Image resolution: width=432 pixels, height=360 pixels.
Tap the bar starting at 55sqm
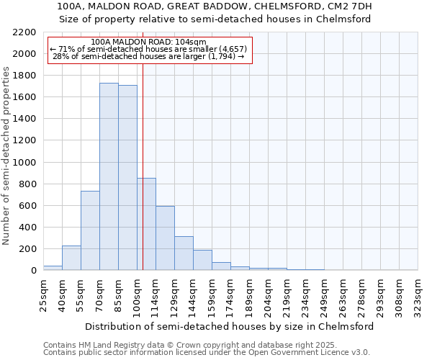pyautogui.click(x=90, y=230)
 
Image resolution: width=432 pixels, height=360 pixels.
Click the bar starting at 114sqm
pyautogui.click(x=165, y=238)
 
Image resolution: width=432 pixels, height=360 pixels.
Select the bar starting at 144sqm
pyautogui.click(x=202, y=260)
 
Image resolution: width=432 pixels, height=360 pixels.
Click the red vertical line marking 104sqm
pyautogui.click(x=143, y=144)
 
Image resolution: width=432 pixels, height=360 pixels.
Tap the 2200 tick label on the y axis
pyautogui.click(x=24, y=32)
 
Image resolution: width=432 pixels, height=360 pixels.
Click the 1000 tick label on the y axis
pyautogui.click(x=24, y=163)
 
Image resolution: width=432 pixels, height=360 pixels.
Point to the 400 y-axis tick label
pyautogui.click(x=27, y=228)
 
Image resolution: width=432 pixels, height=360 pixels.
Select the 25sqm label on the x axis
pyautogui.click(x=43, y=294)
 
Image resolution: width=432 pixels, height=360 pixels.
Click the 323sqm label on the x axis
pyautogui.click(x=418, y=294)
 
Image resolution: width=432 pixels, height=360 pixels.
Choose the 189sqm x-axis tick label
pyautogui.click(x=249, y=294)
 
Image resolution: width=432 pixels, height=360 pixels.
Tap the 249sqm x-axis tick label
pyautogui.click(x=324, y=294)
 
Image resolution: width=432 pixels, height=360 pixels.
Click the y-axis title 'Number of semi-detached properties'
pyautogui.click(x=7, y=155)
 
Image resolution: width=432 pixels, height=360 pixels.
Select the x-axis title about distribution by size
pyautogui.click(x=229, y=326)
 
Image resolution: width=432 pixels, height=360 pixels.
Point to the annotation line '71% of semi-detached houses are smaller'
pyautogui.click(x=150, y=49)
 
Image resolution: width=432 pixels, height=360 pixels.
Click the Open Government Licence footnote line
pyautogui.click(x=207, y=353)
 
